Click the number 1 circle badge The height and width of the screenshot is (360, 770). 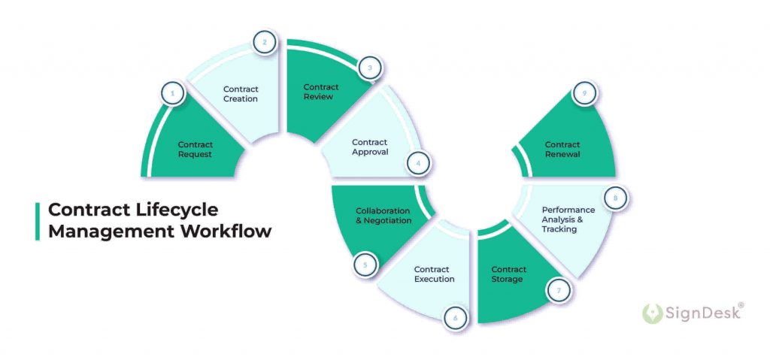click(x=173, y=94)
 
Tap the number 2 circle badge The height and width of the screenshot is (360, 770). click(x=264, y=42)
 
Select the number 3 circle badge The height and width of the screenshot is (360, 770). click(x=369, y=68)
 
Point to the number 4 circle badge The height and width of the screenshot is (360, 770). click(x=418, y=162)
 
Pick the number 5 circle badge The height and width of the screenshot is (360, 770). click(x=365, y=265)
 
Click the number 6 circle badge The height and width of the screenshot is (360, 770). click(x=455, y=318)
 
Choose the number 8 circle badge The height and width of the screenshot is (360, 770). click(x=615, y=198)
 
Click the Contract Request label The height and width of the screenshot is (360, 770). click(x=196, y=150)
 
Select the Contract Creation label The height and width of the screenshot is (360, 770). click(x=241, y=94)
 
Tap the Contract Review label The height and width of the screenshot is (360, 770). click(x=320, y=92)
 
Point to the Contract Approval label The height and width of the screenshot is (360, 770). click(x=370, y=147)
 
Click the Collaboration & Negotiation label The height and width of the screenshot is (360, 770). click(x=383, y=216)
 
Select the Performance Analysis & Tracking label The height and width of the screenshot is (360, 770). click(x=568, y=219)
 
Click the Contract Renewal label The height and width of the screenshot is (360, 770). click(x=562, y=150)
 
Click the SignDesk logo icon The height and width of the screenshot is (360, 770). click(x=652, y=313)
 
